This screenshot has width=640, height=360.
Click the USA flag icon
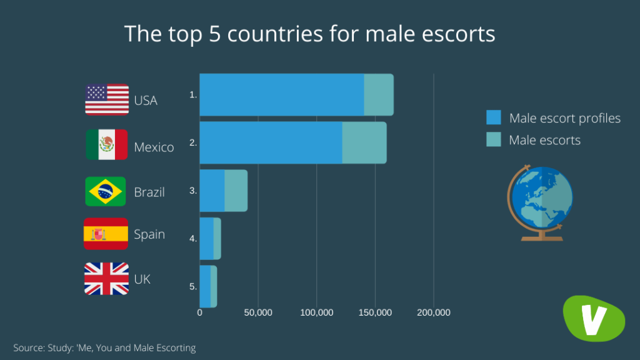tap(107, 100)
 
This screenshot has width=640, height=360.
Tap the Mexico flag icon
tap(107, 145)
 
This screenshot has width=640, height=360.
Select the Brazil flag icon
tap(106, 191)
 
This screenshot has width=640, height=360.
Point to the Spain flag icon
tap(106, 234)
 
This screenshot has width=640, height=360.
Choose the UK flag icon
tap(107, 279)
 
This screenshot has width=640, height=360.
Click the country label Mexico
tap(154, 147)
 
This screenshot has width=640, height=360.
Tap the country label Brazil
tap(149, 192)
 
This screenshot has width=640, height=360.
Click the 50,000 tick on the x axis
tap(257, 312)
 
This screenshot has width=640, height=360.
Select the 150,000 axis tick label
tap(375, 312)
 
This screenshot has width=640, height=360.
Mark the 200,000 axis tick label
tap(433, 312)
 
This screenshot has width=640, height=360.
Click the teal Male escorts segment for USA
tap(379, 95)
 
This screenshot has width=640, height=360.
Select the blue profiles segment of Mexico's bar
tap(271, 142)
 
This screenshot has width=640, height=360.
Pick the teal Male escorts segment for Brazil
tap(236, 190)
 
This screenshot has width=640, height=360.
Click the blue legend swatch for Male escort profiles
tap(494, 117)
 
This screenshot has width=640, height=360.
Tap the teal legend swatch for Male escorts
tap(494, 140)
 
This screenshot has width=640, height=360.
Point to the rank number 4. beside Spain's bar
tap(194, 239)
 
